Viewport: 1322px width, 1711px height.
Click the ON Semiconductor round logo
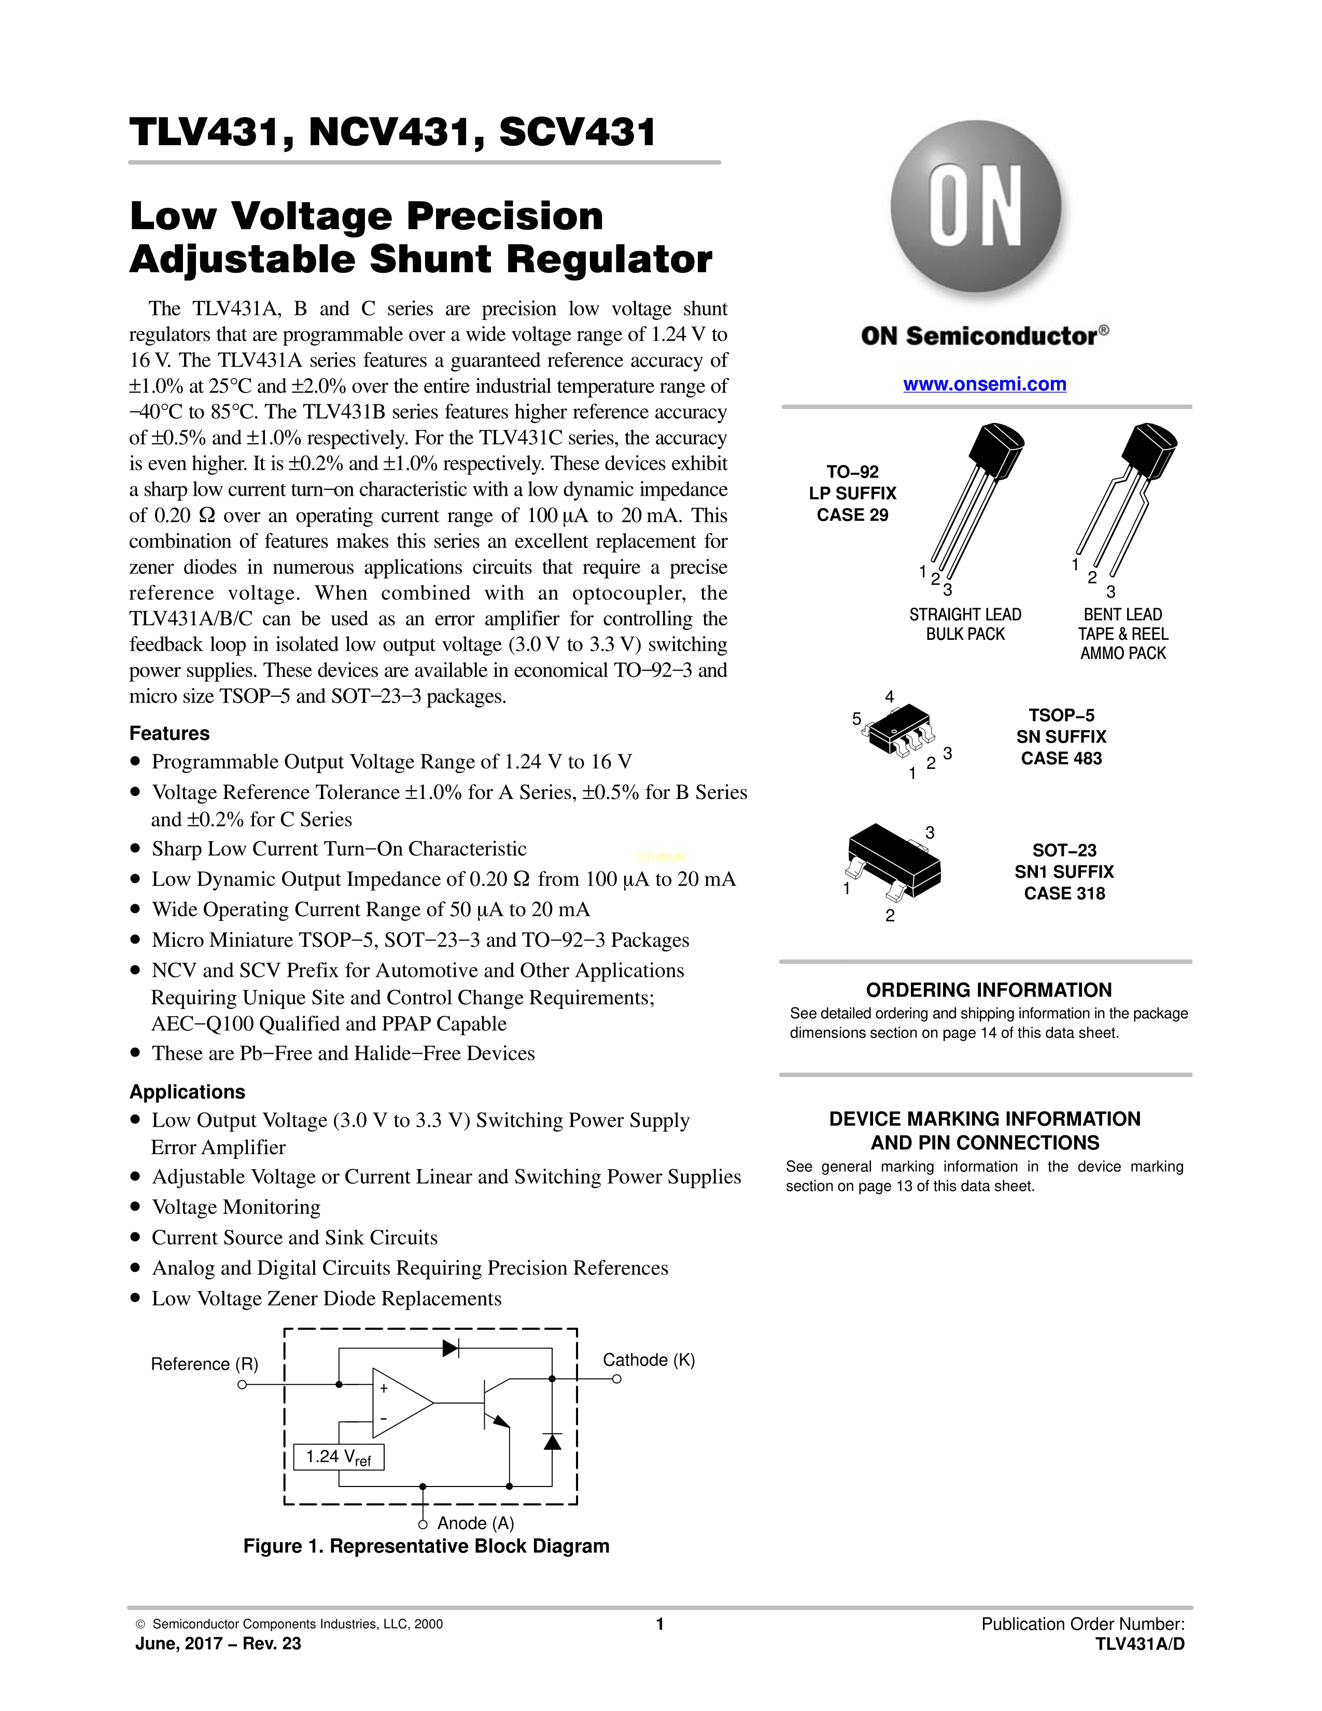[x=976, y=206]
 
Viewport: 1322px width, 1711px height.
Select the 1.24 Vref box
[x=339, y=1457]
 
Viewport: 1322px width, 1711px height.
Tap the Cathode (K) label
[x=649, y=1360]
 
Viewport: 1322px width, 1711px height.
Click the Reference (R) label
[x=204, y=1364]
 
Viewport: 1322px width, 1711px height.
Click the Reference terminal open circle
[x=242, y=1385]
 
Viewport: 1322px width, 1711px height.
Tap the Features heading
[x=169, y=733]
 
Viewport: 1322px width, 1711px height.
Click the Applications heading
[x=187, y=1092]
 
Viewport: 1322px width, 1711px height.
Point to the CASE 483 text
[x=1061, y=759]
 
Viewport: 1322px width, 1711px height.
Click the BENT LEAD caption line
[x=1122, y=614]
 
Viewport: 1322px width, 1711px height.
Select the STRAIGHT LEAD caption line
[x=965, y=614]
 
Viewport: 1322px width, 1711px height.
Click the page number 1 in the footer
[x=660, y=1624]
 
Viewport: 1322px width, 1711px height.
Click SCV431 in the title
[x=577, y=132]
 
